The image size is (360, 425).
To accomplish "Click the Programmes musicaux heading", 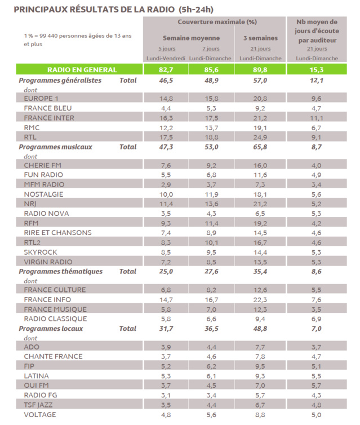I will point(55,147).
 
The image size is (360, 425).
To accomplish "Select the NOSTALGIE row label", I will point(46,194).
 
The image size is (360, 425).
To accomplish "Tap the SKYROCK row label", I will point(43,252).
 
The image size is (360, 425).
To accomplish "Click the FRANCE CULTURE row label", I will point(55,290).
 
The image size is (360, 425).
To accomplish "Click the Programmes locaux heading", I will point(51,329).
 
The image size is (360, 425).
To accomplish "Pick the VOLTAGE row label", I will point(41,414).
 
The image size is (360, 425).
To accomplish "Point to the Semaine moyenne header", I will point(191,38).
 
